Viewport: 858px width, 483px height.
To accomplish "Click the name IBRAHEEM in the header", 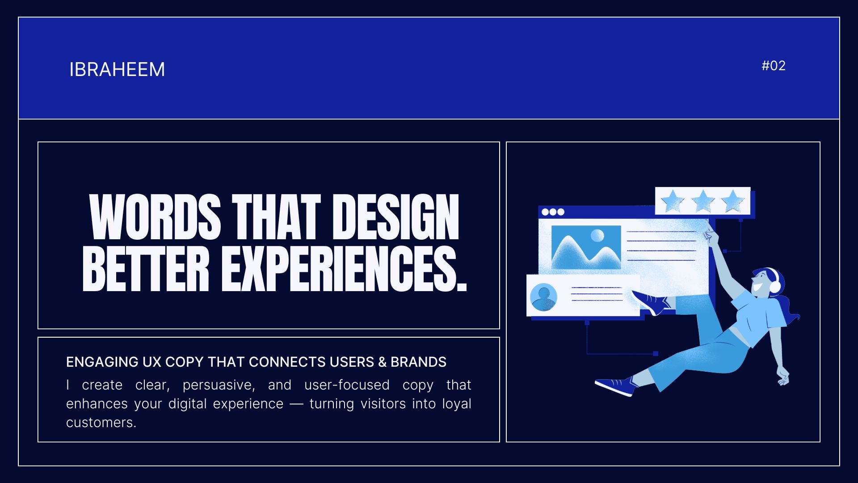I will coord(117,70).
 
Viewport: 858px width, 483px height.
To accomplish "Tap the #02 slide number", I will coord(774,66).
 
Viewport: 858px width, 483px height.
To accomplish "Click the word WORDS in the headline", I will coord(155,218).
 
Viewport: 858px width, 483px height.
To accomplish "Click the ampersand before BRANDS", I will coord(382,362).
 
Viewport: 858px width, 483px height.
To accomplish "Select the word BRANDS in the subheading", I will coord(418,362).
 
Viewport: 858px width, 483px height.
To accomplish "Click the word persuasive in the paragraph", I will coord(219,385).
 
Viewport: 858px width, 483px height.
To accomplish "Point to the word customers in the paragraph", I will coord(101,423).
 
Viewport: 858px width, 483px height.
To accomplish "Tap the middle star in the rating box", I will coord(703,201).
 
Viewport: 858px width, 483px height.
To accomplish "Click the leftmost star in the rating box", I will coord(673,201).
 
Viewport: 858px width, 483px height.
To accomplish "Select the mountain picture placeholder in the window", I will coord(586,247).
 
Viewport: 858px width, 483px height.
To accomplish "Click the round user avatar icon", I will coord(543,297).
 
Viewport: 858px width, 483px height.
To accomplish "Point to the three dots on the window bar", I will coord(553,212).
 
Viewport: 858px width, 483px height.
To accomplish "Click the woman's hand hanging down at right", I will coord(783,377).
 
